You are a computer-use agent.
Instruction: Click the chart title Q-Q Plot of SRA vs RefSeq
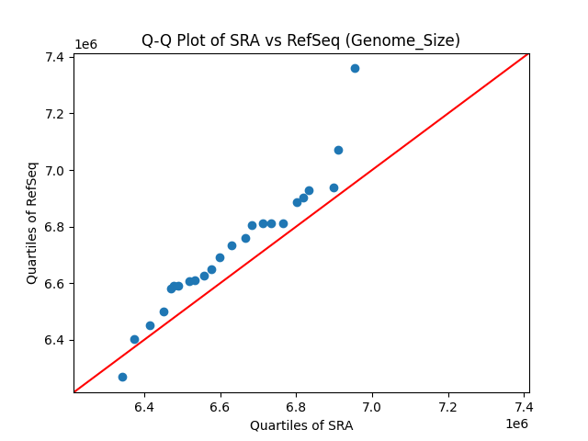300,40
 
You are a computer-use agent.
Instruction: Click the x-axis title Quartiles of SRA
300,425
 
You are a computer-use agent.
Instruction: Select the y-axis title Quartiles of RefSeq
32,222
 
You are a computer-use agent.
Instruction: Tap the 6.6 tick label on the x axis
220,406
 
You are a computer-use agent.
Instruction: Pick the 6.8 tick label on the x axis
296,406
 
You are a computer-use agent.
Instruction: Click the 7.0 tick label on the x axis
372,406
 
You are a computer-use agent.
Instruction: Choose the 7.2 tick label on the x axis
448,406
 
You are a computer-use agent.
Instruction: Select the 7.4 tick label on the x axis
524,406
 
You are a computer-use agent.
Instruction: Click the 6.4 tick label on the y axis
53,340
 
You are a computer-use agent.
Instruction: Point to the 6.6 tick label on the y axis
53,284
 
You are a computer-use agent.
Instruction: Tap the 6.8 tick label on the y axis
53,227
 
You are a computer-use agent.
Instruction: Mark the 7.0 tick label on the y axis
53,171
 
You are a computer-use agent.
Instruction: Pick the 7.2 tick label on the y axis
53,114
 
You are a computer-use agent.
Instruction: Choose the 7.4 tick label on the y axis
53,58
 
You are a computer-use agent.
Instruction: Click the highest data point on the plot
355,68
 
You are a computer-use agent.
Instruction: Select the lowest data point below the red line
122,377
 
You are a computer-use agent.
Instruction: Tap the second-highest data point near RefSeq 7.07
338,150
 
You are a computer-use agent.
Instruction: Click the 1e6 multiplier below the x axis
515,424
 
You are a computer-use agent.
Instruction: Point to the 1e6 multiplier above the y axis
85,44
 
